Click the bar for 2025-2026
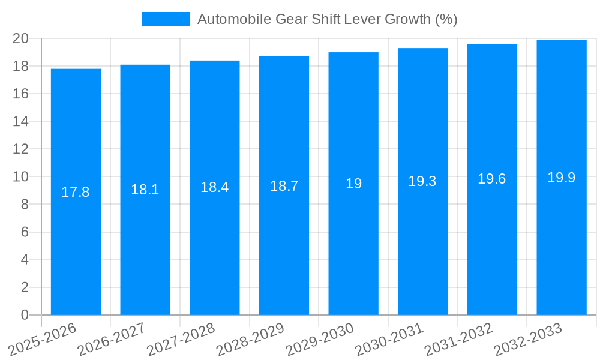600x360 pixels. coord(76,252)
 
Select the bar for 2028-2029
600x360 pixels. coord(284,252)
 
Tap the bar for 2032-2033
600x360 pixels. coord(562,252)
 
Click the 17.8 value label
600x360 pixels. coord(76,192)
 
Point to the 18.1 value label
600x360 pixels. coord(145,190)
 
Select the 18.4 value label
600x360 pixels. coord(215,187)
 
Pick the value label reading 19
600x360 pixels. coord(353,184)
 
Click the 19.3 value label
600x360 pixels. coord(422,181)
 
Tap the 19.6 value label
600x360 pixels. coord(492,179)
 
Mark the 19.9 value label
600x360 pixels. coord(562,178)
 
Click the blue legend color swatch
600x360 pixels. coord(166,19)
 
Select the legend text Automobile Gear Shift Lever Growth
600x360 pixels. coord(327,19)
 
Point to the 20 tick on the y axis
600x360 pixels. coord(21,38)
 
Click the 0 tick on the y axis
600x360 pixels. coord(25,315)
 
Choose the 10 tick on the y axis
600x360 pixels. coord(21,177)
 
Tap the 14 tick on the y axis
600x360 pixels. coord(21,121)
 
